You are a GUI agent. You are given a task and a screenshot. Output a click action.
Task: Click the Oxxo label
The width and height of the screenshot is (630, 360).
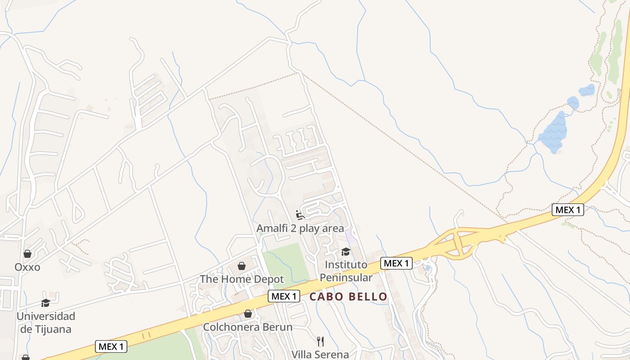pyautogui.click(x=27, y=267)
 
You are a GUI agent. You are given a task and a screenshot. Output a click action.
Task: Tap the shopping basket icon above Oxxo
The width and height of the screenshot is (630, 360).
pyautogui.click(x=27, y=254)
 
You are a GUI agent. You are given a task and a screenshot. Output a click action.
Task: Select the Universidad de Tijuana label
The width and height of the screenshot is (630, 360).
pyautogui.click(x=46, y=323)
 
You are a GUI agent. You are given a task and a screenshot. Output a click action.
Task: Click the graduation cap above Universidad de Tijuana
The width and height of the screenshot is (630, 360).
pyautogui.click(x=45, y=303)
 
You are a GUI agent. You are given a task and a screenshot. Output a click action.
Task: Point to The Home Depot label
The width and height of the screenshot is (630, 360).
pyautogui.click(x=242, y=279)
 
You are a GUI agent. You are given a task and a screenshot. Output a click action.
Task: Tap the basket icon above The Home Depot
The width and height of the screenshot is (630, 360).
pyautogui.click(x=242, y=266)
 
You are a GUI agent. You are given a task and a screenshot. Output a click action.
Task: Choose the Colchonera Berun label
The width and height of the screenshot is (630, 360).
pyautogui.click(x=247, y=327)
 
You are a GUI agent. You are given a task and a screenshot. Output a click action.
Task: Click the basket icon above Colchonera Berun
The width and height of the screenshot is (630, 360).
pyautogui.click(x=248, y=314)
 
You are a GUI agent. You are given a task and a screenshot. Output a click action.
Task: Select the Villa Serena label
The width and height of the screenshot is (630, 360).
pyautogui.click(x=320, y=354)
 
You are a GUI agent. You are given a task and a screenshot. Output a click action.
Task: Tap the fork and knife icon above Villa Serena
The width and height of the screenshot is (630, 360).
pyautogui.click(x=320, y=341)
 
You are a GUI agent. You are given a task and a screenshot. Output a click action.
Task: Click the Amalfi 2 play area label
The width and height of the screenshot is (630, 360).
pyautogui.click(x=300, y=229)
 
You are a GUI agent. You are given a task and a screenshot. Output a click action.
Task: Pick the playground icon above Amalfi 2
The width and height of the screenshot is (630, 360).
pyautogui.click(x=300, y=215)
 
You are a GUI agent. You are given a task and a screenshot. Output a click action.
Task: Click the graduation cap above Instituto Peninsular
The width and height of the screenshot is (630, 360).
pyautogui.click(x=346, y=252)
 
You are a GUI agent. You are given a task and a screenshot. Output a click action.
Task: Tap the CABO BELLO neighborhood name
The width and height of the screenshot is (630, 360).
pyautogui.click(x=348, y=297)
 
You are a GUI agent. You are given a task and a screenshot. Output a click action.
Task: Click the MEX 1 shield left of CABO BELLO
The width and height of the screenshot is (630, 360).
pyautogui.click(x=284, y=297)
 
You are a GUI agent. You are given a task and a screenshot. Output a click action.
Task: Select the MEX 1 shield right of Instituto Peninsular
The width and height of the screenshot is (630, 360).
pyautogui.click(x=396, y=263)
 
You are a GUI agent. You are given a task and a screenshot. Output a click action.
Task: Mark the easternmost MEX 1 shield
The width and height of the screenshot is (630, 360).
pyautogui.click(x=568, y=210)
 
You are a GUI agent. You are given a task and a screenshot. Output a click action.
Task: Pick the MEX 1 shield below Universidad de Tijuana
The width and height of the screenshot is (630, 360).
pyautogui.click(x=111, y=346)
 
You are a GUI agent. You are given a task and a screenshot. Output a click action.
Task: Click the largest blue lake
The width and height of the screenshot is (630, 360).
pyautogui.click(x=553, y=133)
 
